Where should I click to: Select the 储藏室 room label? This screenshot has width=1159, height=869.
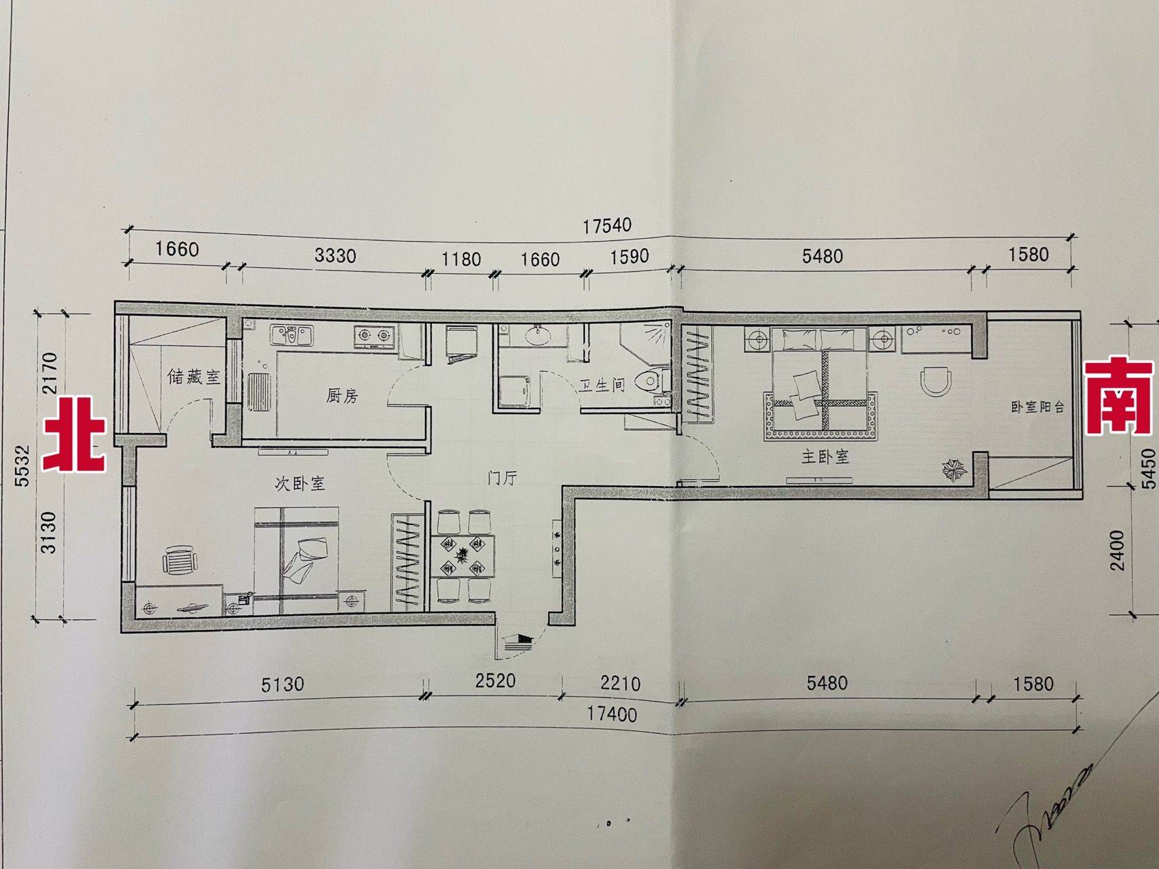194,377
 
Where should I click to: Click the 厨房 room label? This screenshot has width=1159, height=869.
342,395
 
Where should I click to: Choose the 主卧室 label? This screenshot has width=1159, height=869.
825,456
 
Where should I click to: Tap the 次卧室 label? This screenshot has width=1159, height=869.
299,483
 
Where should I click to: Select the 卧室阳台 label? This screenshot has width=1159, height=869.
1037,406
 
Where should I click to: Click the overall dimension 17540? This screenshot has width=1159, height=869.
607,225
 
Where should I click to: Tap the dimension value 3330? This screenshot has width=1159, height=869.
335,256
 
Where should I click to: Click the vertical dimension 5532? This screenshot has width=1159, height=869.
23,466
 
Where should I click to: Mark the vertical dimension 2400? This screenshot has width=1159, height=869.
1118,550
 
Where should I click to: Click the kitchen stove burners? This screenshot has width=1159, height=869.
374,335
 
